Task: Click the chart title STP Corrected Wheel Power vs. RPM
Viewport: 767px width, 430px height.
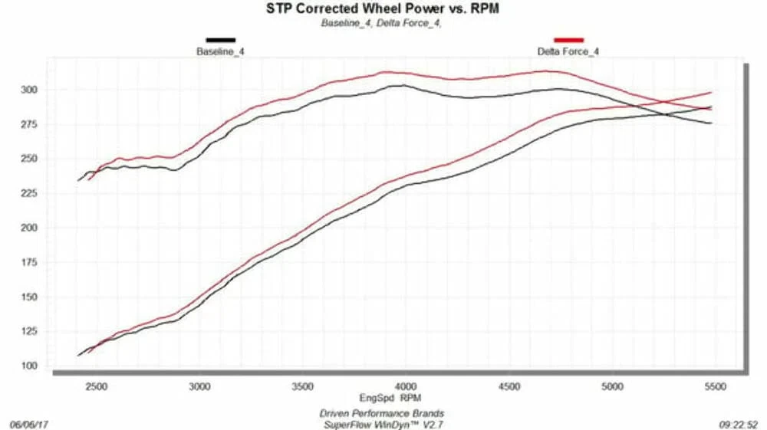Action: (x=383, y=8)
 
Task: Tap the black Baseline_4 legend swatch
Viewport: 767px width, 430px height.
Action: (x=221, y=40)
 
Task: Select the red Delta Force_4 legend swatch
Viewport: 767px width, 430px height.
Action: (x=568, y=40)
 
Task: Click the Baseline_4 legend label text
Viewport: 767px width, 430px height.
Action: (x=220, y=51)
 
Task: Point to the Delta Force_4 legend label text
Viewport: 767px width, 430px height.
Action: (x=568, y=51)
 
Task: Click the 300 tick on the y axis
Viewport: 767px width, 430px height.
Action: (x=29, y=90)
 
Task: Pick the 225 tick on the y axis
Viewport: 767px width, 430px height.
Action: (x=29, y=193)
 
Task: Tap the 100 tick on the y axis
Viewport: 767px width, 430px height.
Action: (x=29, y=366)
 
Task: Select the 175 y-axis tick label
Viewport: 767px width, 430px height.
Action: (x=29, y=262)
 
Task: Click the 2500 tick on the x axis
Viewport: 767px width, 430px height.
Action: (x=97, y=386)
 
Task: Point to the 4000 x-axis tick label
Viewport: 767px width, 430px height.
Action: (x=406, y=386)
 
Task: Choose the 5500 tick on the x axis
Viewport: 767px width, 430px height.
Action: (x=715, y=386)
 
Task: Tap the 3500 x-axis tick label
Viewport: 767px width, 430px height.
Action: (x=302, y=386)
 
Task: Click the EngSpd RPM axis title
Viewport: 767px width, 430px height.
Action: (x=390, y=398)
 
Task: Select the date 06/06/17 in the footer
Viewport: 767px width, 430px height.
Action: (x=29, y=424)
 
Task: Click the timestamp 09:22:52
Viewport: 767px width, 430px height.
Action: (x=739, y=424)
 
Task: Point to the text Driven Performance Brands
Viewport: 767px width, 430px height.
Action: (x=381, y=413)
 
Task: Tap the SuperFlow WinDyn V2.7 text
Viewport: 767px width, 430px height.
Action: (x=383, y=425)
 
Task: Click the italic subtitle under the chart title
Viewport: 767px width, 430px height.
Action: (x=381, y=23)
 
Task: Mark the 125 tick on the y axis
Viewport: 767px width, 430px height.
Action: (x=29, y=331)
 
